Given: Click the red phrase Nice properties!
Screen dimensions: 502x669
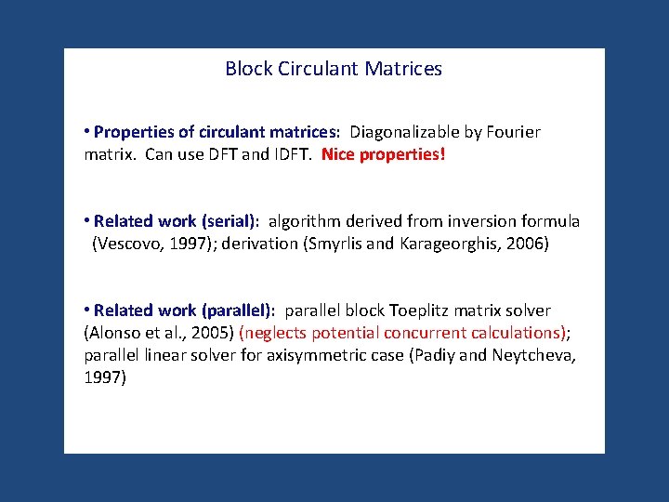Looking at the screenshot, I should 384,154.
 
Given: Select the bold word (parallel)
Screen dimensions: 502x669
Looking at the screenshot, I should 237,310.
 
